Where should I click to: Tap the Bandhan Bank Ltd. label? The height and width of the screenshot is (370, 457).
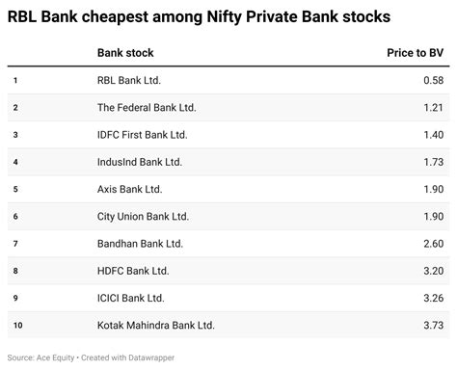click(x=141, y=244)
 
